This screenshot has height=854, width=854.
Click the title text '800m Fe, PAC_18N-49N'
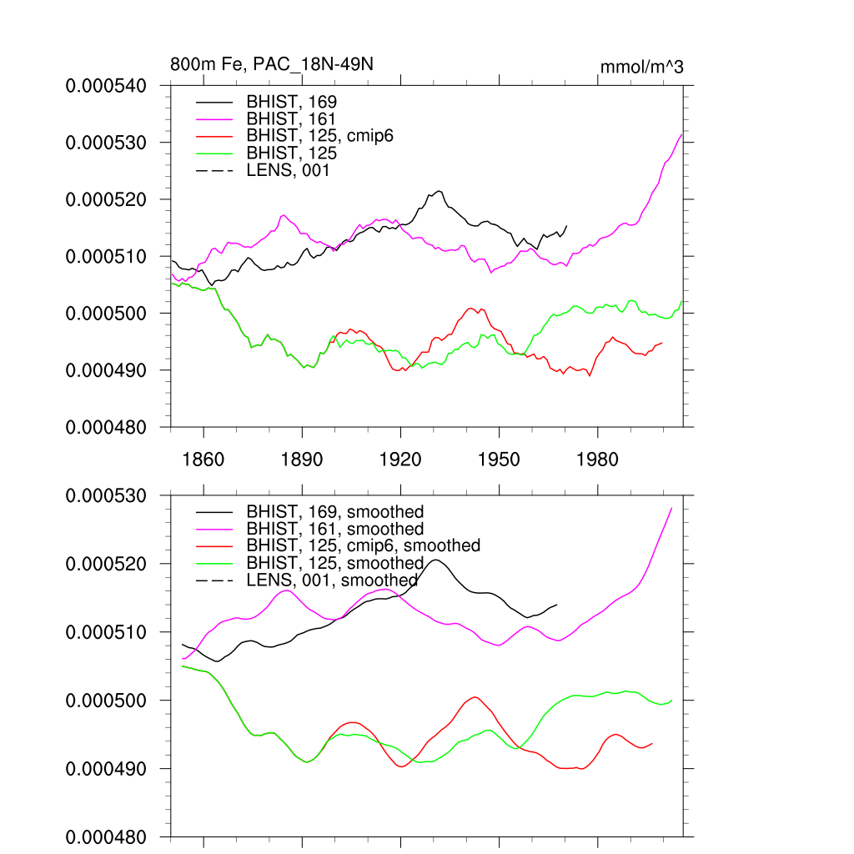click(x=265, y=64)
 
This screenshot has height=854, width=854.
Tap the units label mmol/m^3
click(x=641, y=66)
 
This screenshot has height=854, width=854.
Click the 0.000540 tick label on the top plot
click(x=106, y=85)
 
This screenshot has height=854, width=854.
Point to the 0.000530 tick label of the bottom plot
click(x=106, y=495)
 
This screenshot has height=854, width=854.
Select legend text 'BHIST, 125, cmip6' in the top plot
click(x=319, y=137)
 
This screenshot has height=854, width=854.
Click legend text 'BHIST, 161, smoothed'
click(x=334, y=530)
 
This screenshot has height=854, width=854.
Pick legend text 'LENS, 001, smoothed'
click(x=331, y=580)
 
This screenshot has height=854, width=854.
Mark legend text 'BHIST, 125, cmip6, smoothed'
click(x=363, y=546)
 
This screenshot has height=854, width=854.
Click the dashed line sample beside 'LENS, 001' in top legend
click(x=214, y=171)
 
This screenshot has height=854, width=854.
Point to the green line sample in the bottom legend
click(x=214, y=564)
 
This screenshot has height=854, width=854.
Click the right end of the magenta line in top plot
click(x=682, y=133)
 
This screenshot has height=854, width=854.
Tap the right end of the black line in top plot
click(x=567, y=225)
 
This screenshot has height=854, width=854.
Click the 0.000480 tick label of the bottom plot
click(x=106, y=836)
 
